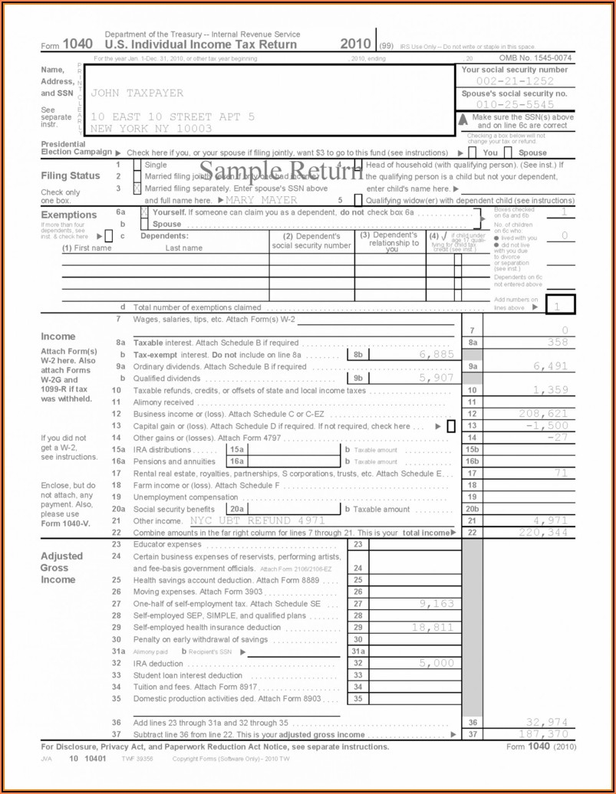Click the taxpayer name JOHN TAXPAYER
(x=137, y=93)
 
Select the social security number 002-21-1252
(x=515, y=81)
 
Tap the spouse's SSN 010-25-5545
(x=515, y=104)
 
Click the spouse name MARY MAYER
(x=262, y=200)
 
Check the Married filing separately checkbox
(x=137, y=189)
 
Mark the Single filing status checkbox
(x=137, y=165)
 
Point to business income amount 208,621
(x=543, y=414)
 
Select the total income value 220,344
(x=543, y=532)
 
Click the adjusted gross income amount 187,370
(x=543, y=734)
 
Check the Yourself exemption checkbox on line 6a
(x=145, y=212)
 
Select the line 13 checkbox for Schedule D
(x=451, y=426)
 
